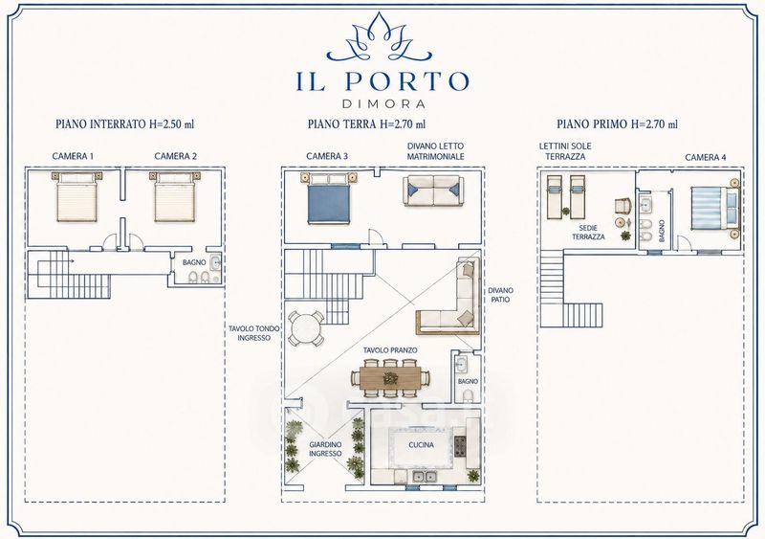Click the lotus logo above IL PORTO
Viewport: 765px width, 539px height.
click(x=379, y=38)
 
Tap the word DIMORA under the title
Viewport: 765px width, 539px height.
click(x=383, y=103)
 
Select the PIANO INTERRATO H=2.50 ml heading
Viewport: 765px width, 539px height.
click(x=125, y=124)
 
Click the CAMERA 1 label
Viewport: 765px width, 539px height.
click(x=73, y=156)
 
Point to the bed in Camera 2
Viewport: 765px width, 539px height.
click(x=175, y=196)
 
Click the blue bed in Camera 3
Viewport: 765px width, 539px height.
click(x=328, y=198)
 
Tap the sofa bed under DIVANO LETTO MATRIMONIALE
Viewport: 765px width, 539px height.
click(x=433, y=191)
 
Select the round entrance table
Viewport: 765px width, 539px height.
click(x=305, y=328)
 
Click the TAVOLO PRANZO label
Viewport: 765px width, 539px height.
click(x=390, y=350)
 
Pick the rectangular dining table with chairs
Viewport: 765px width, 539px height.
click(x=391, y=378)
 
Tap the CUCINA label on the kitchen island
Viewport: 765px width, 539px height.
click(x=421, y=445)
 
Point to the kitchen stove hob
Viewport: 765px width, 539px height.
click(x=460, y=446)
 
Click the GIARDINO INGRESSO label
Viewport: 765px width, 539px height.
click(x=325, y=449)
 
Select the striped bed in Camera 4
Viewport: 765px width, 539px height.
click(x=714, y=209)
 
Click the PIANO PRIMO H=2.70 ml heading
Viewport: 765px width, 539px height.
click(x=617, y=124)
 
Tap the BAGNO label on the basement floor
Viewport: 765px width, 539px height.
click(x=194, y=262)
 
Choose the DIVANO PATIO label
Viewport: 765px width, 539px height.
click(x=500, y=295)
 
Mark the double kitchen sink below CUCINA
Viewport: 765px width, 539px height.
click(x=425, y=477)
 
